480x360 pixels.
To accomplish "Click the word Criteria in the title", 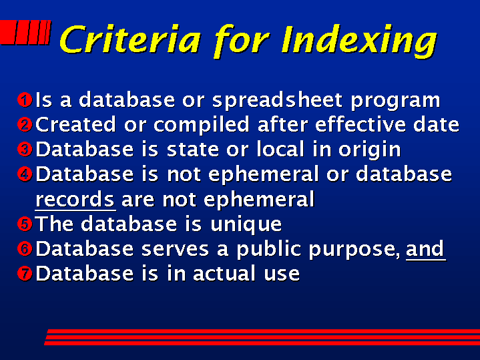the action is point(130,39).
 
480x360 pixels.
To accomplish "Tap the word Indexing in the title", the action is point(359,41).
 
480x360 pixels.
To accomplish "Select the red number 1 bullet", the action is point(25,100).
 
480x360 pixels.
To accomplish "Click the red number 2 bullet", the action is point(25,125).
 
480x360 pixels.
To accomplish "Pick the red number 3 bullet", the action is point(25,150).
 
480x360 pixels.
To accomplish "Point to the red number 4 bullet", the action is point(25,174).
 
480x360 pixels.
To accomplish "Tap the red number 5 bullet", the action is point(25,224).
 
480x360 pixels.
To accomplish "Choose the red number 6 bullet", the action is point(25,248).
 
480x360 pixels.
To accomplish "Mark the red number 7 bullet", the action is point(25,273).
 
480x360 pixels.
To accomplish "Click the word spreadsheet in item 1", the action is point(277,100).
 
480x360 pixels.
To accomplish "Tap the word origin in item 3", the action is point(369,150).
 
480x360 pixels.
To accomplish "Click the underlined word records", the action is point(75,200).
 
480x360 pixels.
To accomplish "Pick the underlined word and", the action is point(425,249).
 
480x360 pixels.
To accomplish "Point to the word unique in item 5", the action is point(246,225).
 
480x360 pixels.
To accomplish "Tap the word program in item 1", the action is point(395,102).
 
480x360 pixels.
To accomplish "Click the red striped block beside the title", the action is point(25,33).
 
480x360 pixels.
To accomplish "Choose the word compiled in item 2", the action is point(202,126).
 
